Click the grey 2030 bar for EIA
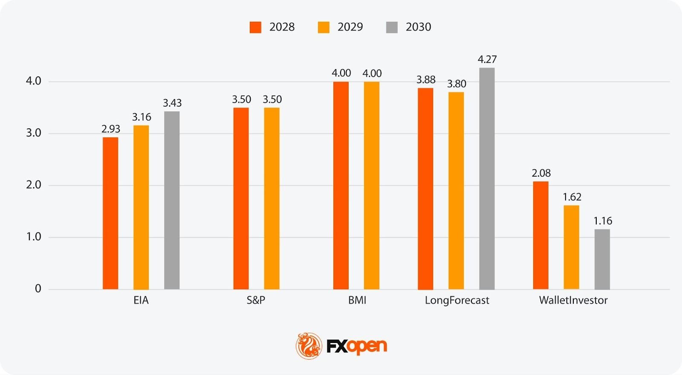pos(172,200)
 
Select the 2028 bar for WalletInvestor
pos(540,235)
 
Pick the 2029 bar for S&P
pos(272,198)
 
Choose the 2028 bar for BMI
pos(341,185)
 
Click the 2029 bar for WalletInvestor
pos(571,247)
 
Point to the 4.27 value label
pos(487,59)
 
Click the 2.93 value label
pos(111,129)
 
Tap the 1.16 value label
pos(603,221)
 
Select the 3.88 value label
pos(426,80)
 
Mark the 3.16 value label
pos(142,117)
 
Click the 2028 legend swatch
pos(255,27)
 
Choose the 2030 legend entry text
pos(418,27)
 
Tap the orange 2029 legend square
pos(324,27)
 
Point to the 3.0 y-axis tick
pos(34,133)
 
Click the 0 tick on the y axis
pos(38,289)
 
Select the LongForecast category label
pos(457,300)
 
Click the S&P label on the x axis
pos(256,300)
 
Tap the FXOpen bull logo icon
pos(309,346)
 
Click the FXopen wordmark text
pos(357,346)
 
